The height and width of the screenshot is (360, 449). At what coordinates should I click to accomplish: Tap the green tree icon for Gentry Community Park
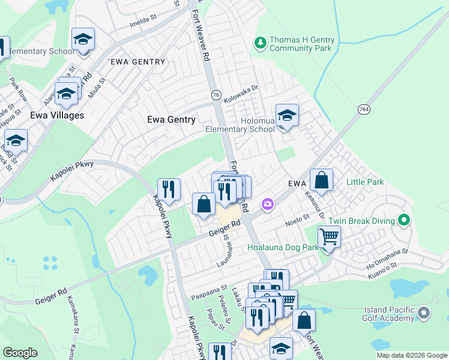pos(261,42)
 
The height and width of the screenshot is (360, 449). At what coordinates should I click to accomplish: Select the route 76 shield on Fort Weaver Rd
pos(216,95)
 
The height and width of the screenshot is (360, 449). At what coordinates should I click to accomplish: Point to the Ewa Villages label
pos(57,115)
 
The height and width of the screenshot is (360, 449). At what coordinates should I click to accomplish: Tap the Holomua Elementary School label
pos(240,124)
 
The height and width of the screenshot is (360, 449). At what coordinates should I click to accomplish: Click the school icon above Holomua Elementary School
pos(287,115)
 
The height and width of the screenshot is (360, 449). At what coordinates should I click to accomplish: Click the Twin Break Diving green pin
pos(405,221)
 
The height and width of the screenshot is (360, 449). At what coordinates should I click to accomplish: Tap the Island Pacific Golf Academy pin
pos(424,313)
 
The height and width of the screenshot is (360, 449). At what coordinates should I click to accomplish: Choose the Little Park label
pos(364,181)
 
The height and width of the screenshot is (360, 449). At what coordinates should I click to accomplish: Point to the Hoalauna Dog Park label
pos(283,247)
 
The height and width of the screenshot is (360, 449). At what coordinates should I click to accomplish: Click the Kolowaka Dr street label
pos(240,95)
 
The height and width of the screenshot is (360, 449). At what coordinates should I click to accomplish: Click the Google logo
pos(20,353)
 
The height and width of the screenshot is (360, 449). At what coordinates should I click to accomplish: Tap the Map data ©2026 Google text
pos(412,355)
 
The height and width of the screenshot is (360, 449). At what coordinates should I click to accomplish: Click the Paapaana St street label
pos(209,295)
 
